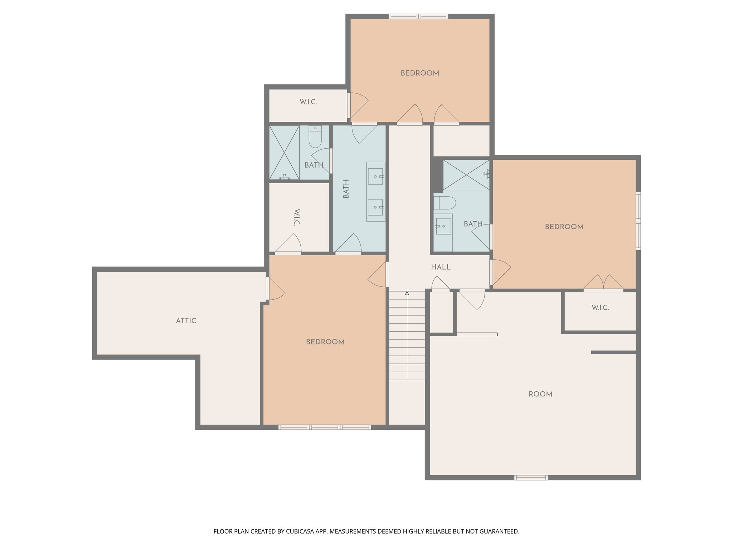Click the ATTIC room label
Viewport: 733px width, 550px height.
pyautogui.click(x=186, y=321)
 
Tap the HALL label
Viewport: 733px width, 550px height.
pyautogui.click(x=441, y=267)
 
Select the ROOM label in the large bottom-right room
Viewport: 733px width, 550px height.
pyautogui.click(x=540, y=394)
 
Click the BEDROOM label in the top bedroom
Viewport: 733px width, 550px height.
pyautogui.click(x=420, y=73)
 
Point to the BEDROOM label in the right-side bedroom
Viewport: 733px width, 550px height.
pyautogui.click(x=564, y=227)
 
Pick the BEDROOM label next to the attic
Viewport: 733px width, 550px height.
pyautogui.click(x=325, y=342)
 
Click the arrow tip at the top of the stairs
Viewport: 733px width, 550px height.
pyautogui.click(x=407, y=293)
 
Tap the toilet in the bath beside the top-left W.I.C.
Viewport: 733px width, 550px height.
pyautogui.click(x=315, y=137)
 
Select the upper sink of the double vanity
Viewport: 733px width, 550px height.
pyautogui.click(x=375, y=176)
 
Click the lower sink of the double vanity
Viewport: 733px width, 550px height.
pyautogui.click(x=375, y=207)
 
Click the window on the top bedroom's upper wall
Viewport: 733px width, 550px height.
pyautogui.click(x=418, y=16)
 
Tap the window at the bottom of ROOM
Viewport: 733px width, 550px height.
pyautogui.click(x=531, y=477)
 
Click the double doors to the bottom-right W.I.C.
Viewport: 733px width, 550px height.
pyautogui.click(x=603, y=283)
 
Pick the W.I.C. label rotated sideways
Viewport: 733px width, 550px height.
pyautogui.click(x=296, y=217)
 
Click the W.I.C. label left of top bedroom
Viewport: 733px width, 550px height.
pyautogui.click(x=308, y=102)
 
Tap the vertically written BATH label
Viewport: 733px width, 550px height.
pyautogui.click(x=346, y=189)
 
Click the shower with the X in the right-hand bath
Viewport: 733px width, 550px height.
pyautogui.click(x=466, y=175)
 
